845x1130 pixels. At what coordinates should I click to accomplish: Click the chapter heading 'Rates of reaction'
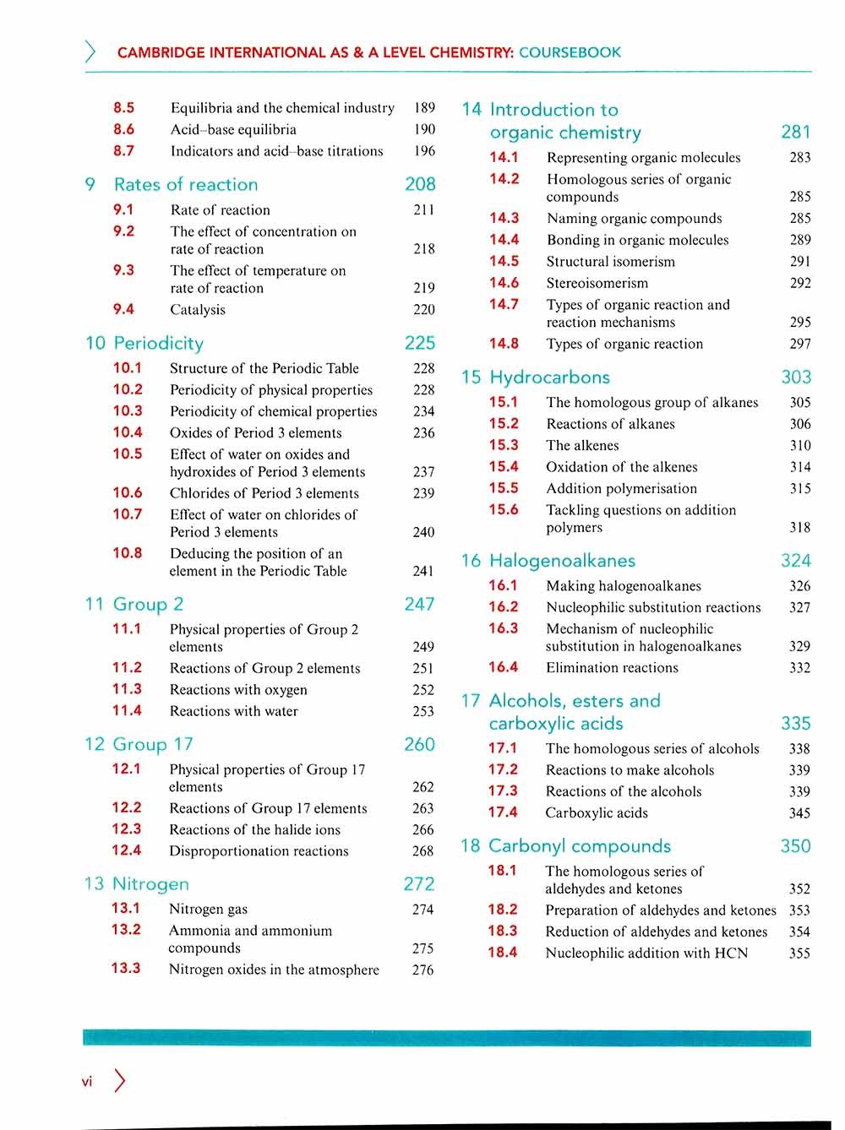tap(186, 184)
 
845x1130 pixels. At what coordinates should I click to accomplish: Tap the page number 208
tap(420, 184)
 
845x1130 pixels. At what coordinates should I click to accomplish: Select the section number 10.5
tap(128, 454)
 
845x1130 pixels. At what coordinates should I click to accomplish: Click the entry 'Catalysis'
tap(198, 310)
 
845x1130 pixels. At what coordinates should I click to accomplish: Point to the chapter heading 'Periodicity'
tap(158, 343)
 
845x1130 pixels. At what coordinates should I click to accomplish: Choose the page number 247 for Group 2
tap(419, 604)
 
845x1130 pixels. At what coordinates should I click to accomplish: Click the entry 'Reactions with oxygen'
tap(238, 690)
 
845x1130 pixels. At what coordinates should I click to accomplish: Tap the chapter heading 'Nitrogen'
tap(150, 883)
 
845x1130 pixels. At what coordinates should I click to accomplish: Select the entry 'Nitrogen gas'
tap(208, 910)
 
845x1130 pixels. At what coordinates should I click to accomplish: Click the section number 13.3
tap(126, 968)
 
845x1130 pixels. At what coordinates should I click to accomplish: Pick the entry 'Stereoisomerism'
tap(597, 283)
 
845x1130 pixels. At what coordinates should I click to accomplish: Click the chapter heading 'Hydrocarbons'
tap(549, 377)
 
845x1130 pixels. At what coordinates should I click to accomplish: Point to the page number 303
tap(796, 377)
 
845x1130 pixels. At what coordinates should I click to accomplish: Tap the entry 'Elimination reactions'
tap(612, 668)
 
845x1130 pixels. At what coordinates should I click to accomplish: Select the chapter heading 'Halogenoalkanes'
tap(562, 561)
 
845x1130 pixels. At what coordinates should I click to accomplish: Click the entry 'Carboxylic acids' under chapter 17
tap(597, 813)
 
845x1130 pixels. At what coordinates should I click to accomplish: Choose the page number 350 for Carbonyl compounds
tap(795, 846)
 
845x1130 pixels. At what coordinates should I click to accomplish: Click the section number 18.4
tap(502, 952)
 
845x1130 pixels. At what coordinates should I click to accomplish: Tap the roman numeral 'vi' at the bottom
tap(86, 1082)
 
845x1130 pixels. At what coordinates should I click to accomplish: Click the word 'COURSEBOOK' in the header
tap(570, 52)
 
